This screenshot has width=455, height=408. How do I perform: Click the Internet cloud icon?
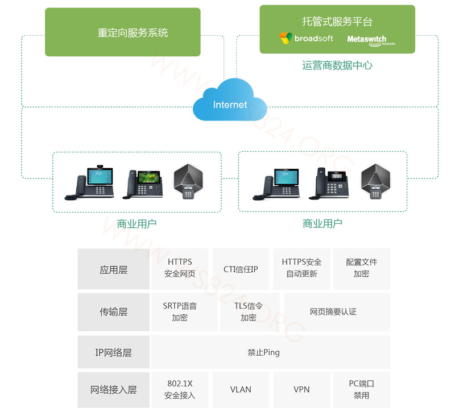point(230,102)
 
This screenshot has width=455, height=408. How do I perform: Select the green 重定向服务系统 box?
point(123,32)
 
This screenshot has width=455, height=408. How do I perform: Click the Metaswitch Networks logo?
point(370,40)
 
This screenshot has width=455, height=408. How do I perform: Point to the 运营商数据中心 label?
point(337,66)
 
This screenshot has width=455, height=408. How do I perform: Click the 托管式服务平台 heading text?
point(337,22)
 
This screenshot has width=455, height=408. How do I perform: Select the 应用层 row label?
point(113,270)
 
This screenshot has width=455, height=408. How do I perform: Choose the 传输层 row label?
point(113,312)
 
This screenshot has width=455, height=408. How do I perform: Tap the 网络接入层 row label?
point(113,390)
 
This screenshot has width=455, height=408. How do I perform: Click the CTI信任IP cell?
point(241,269)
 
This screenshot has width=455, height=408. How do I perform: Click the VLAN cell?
point(241,390)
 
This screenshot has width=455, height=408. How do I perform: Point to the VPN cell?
point(301,390)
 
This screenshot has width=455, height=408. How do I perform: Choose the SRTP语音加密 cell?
point(180,312)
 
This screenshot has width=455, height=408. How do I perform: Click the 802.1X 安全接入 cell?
point(180,390)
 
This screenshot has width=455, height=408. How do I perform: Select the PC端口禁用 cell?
point(361,390)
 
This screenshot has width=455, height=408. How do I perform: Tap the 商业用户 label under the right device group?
point(322,223)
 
